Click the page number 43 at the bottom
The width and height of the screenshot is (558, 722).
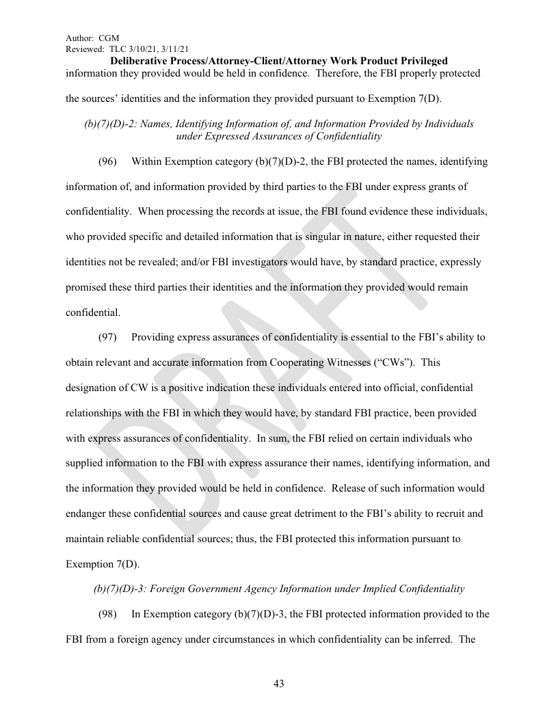(278, 683)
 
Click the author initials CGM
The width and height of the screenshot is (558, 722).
(109, 38)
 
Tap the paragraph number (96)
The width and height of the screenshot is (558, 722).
(107, 162)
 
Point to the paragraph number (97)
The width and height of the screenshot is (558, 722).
(107, 337)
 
